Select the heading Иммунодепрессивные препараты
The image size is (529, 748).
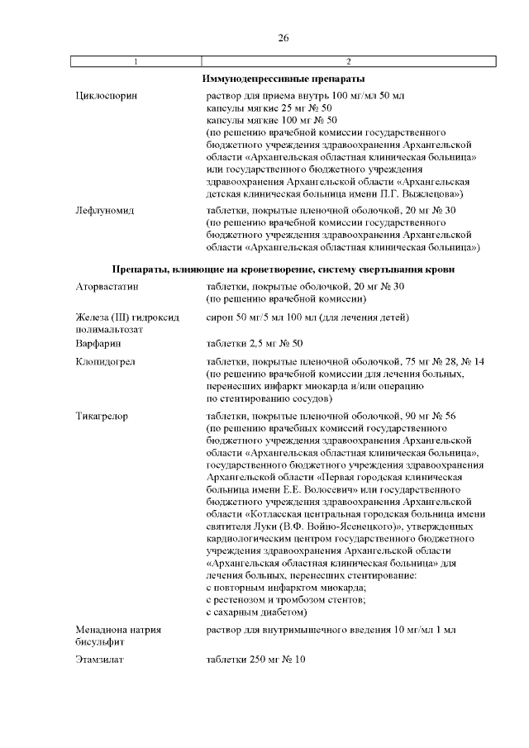click(283, 79)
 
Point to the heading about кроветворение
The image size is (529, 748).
click(283, 269)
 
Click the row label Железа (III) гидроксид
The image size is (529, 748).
click(123, 317)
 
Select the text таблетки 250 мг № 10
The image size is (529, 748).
click(256, 659)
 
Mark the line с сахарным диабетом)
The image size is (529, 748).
click(257, 612)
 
